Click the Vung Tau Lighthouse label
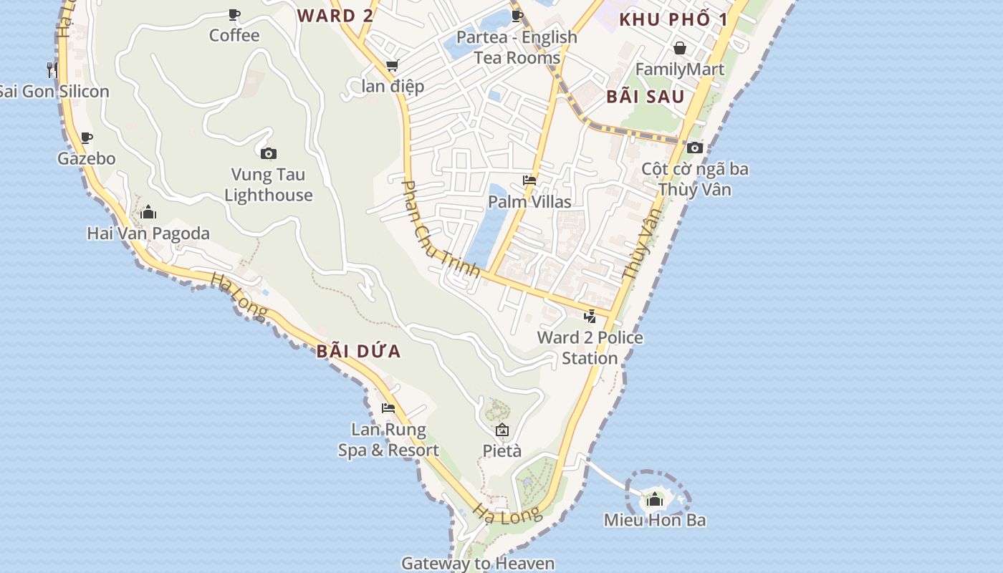tap(269, 185)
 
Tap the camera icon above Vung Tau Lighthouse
tap(269, 153)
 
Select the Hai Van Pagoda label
tap(148, 233)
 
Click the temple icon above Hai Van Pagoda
tap(148, 212)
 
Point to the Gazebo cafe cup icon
tap(87, 138)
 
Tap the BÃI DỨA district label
tap(358, 352)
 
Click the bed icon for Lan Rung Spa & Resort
tap(388, 408)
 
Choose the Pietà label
tap(502, 451)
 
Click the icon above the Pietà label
tap(502, 430)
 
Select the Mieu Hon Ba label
tap(655, 520)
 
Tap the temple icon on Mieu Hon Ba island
tap(655, 499)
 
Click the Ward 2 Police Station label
tap(590, 347)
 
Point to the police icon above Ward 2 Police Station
tap(590, 316)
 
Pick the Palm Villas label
tap(529, 201)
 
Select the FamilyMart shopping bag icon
tap(679, 48)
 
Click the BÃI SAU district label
tap(646, 97)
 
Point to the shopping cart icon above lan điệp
tap(392, 66)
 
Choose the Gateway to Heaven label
tap(478, 563)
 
